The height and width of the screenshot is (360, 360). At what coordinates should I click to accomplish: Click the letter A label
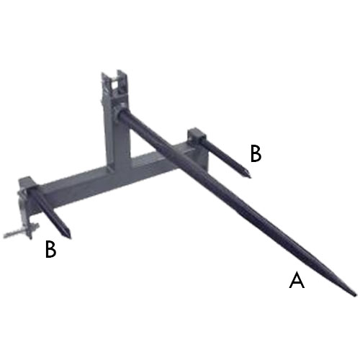click(x=297, y=280)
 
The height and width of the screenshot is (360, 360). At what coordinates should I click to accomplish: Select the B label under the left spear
click(x=50, y=249)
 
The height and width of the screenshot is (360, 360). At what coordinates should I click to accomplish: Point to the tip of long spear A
click(x=354, y=294)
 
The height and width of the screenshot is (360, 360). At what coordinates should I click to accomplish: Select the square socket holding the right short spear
click(x=196, y=138)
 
